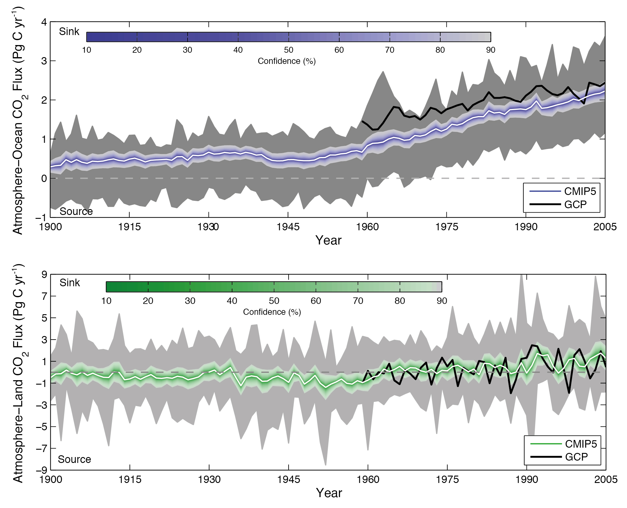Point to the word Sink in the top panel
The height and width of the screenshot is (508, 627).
pos(69,32)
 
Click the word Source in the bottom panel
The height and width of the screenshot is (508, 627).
pos(74,459)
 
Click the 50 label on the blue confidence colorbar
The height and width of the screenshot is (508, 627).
pos(288,50)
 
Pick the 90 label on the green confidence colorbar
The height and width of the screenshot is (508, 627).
pos(441,301)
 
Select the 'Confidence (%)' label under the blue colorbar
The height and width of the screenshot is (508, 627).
pos(287,61)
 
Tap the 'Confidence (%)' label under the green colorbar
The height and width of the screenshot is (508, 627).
pos(272,312)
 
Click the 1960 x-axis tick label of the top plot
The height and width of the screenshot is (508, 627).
pos(367,227)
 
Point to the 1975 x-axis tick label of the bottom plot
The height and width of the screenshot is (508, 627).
pos(447,479)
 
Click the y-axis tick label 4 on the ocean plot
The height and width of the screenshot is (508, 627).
pos(44,22)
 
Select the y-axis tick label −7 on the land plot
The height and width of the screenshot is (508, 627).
pos(42,449)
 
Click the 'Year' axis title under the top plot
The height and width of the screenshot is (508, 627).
pos(328,240)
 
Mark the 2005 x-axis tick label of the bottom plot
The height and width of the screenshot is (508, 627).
pos(606,479)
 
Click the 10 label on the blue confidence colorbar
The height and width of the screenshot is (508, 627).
pos(86,50)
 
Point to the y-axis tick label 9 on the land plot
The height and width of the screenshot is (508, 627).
pos(44,275)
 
